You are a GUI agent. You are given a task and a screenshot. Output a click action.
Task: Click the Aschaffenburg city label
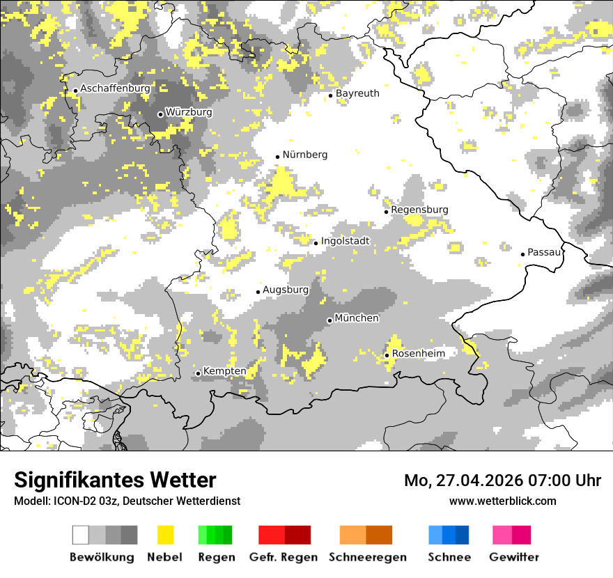coord(116,89)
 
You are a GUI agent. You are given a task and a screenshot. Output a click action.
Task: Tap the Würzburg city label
coord(189,112)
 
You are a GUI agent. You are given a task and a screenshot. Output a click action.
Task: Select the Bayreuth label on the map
coord(357,93)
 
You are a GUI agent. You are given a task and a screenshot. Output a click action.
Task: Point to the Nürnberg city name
coord(304,155)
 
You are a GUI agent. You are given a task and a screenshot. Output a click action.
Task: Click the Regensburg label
coord(419,210)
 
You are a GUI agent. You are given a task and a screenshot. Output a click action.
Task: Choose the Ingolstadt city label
coord(345,241)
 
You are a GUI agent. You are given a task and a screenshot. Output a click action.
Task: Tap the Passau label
coord(544,252)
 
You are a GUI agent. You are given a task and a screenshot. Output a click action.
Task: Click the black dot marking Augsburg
coord(258,292)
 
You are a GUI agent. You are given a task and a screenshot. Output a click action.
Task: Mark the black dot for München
coord(329,320)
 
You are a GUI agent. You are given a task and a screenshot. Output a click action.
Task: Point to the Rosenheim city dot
coord(387,355)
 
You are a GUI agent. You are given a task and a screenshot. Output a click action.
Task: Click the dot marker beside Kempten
coord(199,373)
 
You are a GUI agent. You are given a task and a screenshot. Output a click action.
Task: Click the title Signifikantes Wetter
coord(115,481)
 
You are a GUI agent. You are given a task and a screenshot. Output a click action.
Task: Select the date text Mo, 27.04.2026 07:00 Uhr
coord(502,481)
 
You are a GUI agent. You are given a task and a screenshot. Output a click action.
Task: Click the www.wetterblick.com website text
coord(502,501)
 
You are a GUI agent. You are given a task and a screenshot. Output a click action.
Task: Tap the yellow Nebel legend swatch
coord(166,535)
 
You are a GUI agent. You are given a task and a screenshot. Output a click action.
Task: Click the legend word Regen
coord(215,557)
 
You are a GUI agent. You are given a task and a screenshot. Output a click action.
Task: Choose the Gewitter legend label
coord(513,557)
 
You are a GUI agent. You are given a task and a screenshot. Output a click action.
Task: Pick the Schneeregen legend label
coord(367,557)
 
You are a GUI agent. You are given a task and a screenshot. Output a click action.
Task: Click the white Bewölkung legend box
coord(81,535)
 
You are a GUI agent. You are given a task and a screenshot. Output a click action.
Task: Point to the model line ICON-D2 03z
coord(127,501)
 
